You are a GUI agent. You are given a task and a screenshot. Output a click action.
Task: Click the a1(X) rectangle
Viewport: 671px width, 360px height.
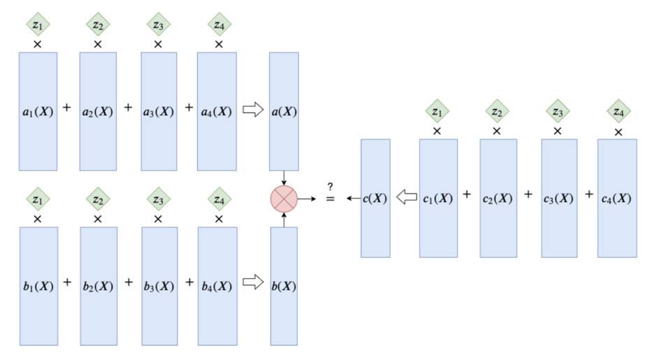click(x=38, y=111)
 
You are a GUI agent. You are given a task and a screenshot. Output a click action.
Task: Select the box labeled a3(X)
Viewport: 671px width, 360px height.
click(x=159, y=111)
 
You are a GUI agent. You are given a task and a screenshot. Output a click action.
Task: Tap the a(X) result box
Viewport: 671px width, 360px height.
click(x=284, y=111)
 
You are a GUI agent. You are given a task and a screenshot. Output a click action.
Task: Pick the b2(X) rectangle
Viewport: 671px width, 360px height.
click(x=98, y=285)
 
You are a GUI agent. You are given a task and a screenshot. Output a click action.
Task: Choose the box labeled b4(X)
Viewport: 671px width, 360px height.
click(x=217, y=285)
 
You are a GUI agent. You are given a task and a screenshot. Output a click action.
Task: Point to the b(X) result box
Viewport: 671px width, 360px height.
click(x=284, y=285)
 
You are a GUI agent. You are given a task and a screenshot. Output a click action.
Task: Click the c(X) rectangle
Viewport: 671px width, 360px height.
click(x=375, y=198)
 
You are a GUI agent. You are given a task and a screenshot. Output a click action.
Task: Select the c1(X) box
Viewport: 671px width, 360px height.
click(x=438, y=198)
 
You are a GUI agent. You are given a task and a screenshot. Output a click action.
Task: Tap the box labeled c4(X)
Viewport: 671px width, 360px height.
click(x=617, y=198)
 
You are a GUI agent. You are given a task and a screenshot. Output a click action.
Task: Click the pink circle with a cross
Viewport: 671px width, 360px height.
click(x=284, y=199)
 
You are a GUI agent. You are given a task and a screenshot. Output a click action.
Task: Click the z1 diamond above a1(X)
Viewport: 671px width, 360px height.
click(x=38, y=25)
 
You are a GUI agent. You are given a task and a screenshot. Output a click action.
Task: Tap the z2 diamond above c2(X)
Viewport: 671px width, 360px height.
click(x=497, y=111)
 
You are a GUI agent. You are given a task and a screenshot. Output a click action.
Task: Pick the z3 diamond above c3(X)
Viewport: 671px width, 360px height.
click(x=558, y=111)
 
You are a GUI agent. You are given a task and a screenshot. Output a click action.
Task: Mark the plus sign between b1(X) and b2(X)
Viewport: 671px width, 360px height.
click(x=68, y=282)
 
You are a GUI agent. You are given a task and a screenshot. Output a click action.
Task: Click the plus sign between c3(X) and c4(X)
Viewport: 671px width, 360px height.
click(x=589, y=194)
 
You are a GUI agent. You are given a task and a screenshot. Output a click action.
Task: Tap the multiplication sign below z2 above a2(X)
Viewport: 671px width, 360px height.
click(x=98, y=44)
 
